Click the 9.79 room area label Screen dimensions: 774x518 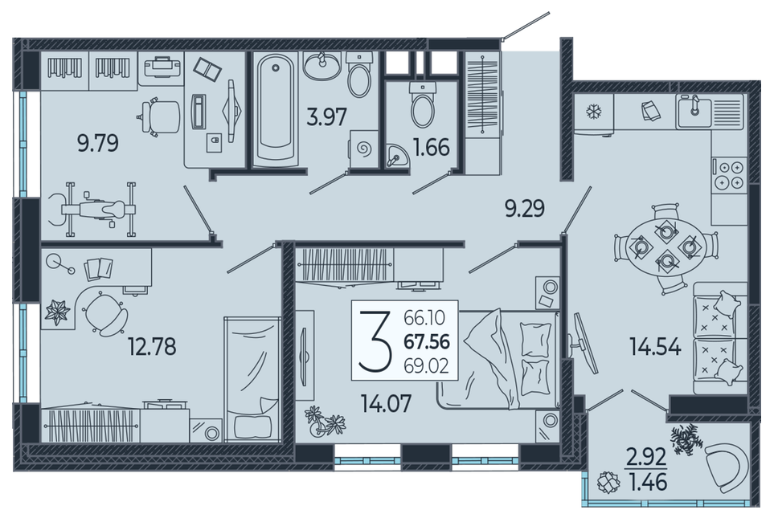(98, 144)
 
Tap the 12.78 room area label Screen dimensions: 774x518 (152, 346)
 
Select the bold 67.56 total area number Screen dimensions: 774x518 (427, 341)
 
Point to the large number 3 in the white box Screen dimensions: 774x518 (375, 341)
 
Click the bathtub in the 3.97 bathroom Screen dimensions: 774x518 (276, 110)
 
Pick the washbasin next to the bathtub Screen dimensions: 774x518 (321, 66)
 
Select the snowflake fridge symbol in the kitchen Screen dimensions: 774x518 (592, 112)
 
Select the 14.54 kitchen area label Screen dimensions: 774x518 (655, 347)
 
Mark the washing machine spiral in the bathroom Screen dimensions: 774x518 (364, 147)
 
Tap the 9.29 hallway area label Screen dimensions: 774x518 (524, 208)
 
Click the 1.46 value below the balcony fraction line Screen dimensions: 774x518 (647, 480)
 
